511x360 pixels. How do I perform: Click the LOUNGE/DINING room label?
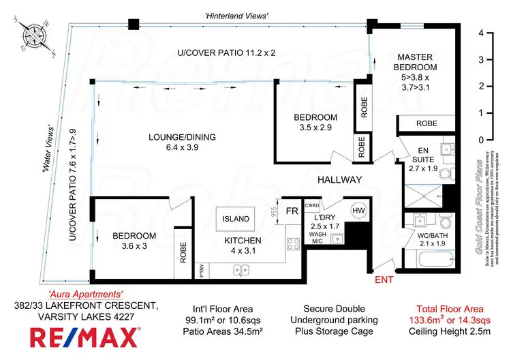(182, 137)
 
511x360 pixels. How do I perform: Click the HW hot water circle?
(358, 211)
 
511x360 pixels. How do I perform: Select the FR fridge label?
(292, 211)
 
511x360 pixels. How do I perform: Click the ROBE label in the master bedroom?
(427, 123)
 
